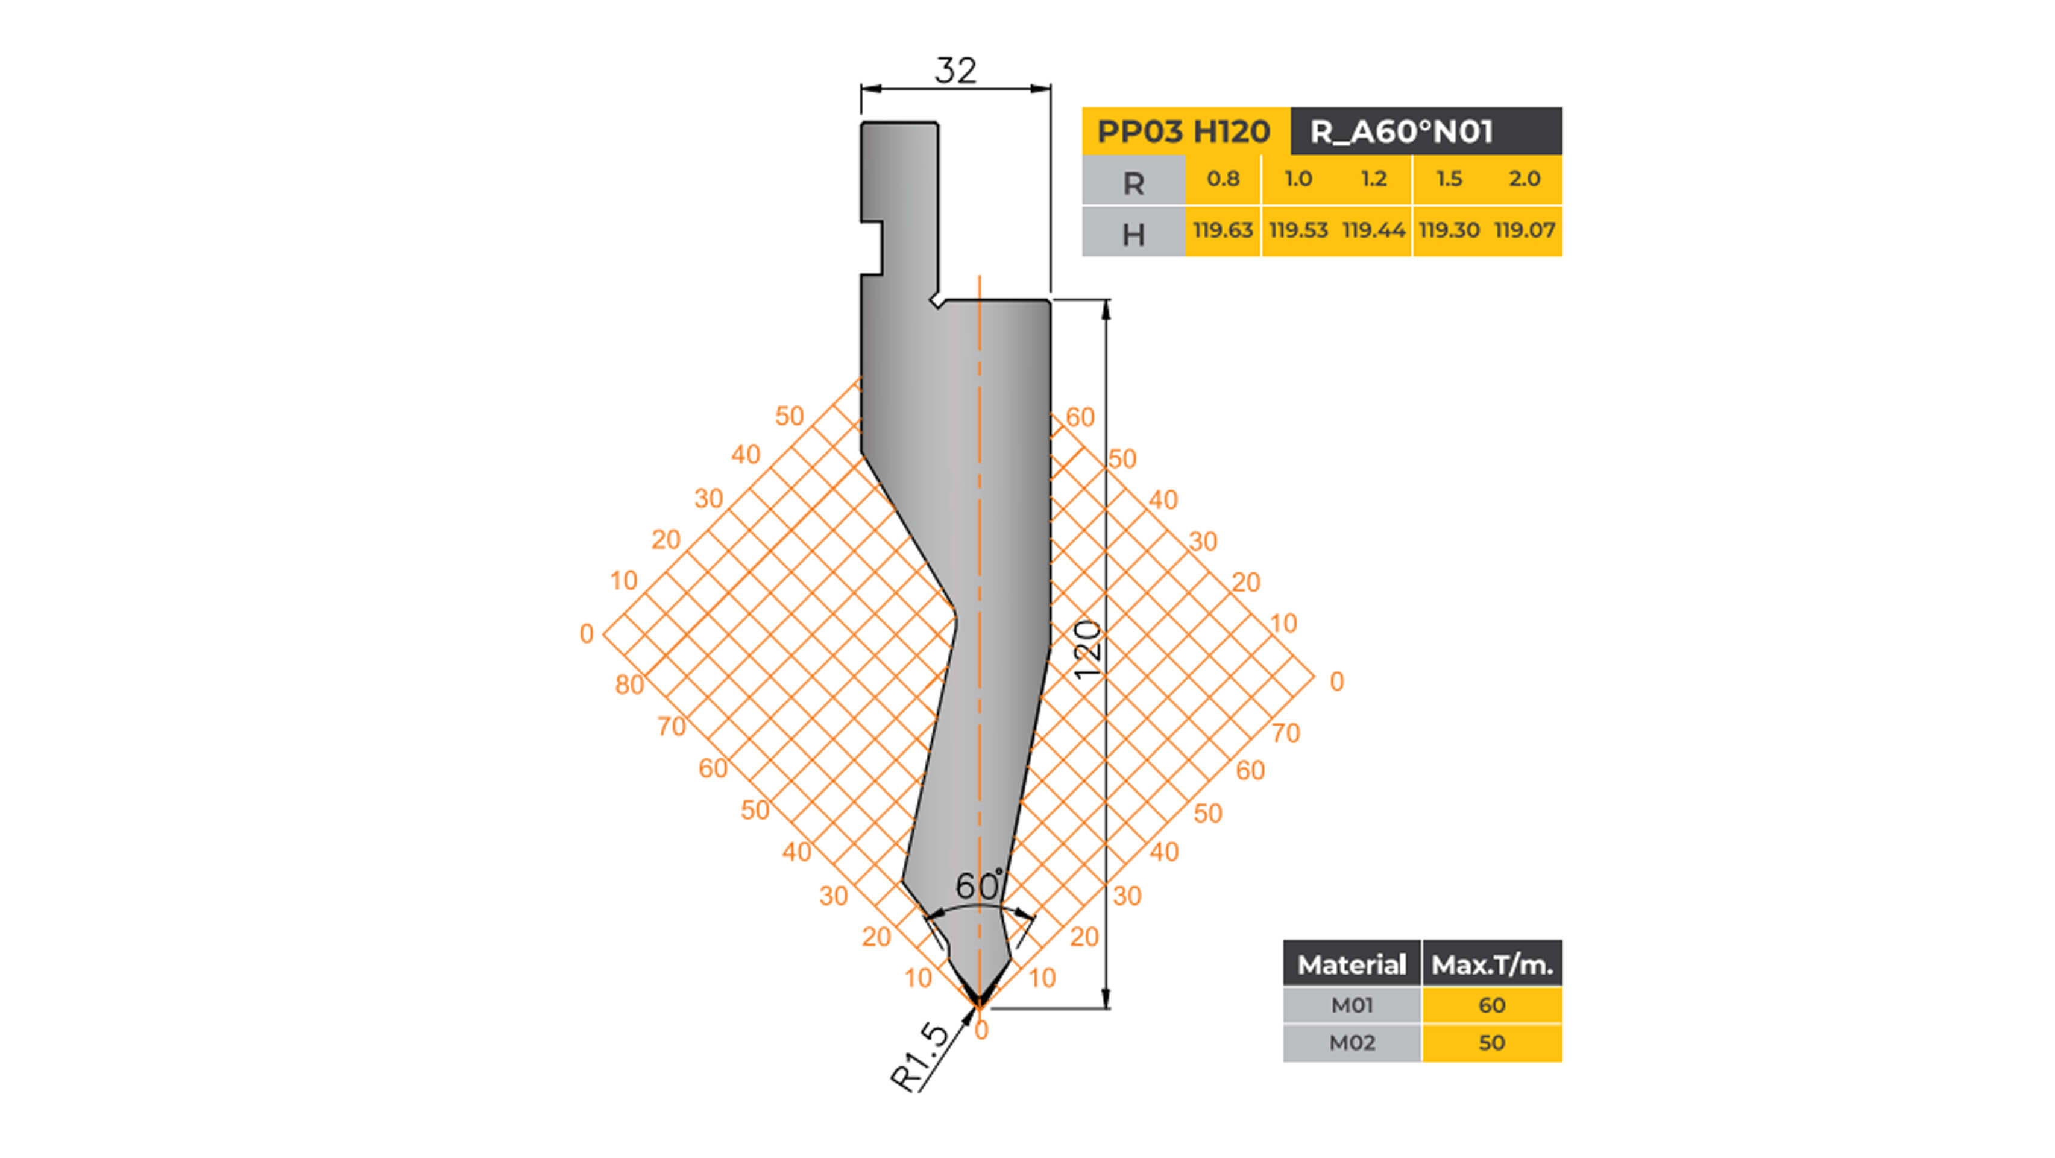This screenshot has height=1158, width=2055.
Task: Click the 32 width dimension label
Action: click(x=955, y=71)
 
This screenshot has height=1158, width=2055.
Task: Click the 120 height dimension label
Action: click(x=1087, y=650)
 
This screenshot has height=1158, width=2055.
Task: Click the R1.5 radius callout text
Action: click(x=921, y=1057)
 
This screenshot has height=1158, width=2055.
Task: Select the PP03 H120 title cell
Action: click(x=1184, y=131)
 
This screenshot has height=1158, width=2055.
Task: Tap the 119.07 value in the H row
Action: click(x=1524, y=230)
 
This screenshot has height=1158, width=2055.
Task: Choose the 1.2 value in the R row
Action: click(x=1373, y=179)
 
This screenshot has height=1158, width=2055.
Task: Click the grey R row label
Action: click(x=1133, y=183)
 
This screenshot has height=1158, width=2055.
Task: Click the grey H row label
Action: click(x=1133, y=234)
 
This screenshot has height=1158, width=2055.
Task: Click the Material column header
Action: click(x=1352, y=965)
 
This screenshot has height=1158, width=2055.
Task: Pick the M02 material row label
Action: click(x=1352, y=1043)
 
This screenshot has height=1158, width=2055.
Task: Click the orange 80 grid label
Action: click(x=629, y=685)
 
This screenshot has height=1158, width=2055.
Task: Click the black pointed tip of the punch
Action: click(x=978, y=1000)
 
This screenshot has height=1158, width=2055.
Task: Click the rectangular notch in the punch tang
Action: click(x=872, y=248)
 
